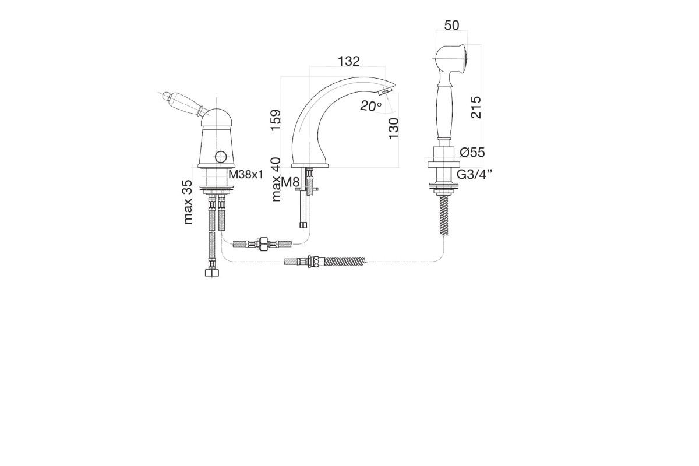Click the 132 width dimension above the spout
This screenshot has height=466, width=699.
point(349,61)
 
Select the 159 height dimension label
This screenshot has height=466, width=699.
point(276,120)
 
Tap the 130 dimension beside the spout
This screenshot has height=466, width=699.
point(394,128)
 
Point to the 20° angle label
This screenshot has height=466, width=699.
point(371,106)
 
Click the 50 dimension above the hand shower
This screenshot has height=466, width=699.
point(451,25)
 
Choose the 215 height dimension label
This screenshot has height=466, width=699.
point(475,107)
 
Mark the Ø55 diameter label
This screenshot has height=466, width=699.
point(472,152)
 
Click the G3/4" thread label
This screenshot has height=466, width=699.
point(474,175)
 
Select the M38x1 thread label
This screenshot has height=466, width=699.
point(246,175)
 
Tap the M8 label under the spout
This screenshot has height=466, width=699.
point(290,182)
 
